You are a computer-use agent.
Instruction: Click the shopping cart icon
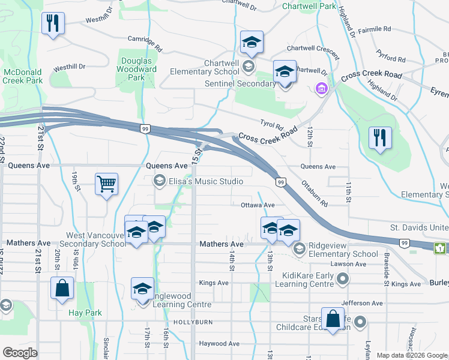click(x=106, y=184)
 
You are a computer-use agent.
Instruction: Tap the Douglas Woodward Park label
click(x=138, y=69)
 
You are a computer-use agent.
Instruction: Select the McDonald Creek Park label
click(x=22, y=76)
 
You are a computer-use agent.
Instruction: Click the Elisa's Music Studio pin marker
click(x=160, y=181)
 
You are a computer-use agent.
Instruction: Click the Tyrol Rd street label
click(x=271, y=125)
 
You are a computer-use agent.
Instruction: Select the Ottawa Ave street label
click(x=258, y=205)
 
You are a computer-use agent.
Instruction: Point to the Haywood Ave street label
click(x=219, y=344)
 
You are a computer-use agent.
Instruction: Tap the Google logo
click(x=19, y=353)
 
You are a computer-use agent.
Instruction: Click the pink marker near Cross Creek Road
click(x=321, y=89)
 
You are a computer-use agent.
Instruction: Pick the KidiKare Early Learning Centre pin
click(x=343, y=278)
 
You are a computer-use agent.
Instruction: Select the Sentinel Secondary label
click(x=248, y=83)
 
